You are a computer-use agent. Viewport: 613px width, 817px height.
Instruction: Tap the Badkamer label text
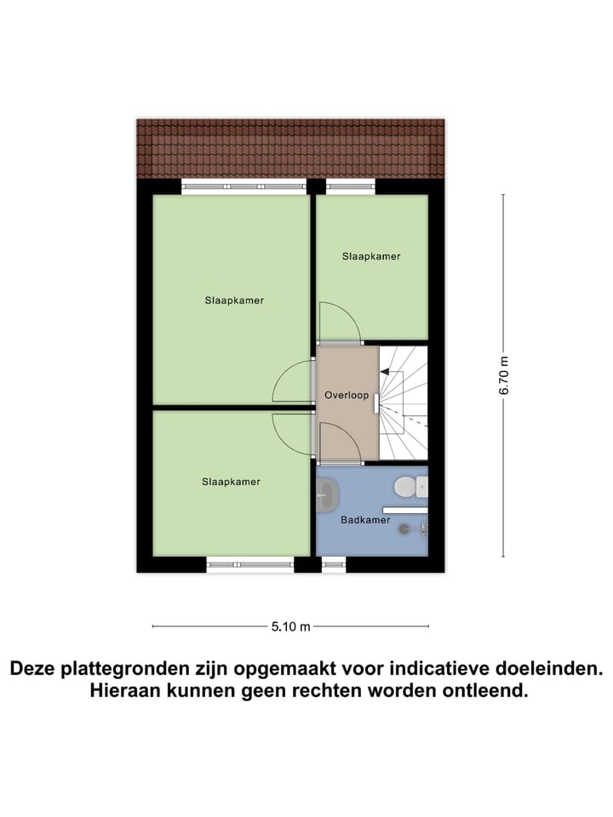pyautogui.click(x=365, y=520)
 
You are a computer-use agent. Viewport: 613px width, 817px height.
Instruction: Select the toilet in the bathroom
pyautogui.click(x=406, y=487)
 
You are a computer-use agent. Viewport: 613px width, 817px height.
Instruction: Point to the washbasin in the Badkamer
pyautogui.click(x=325, y=495)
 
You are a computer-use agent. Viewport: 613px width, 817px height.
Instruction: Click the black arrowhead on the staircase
pyautogui.click(x=384, y=371)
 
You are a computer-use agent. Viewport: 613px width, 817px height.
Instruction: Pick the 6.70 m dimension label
pyautogui.click(x=504, y=375)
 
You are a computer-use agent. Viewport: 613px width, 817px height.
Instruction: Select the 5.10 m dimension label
pyautogui.click(x=291, y=627)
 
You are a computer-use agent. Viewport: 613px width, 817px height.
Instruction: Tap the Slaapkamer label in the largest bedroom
pyautogui.click(x=234, y=300)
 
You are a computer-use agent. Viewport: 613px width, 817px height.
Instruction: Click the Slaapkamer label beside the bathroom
pyautogui.click(x=231, y=482)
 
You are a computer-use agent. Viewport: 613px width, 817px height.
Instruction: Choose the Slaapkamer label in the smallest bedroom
pyautogui.click(x=371, y=256)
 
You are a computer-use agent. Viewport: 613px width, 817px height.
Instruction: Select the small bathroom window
pyautogui.click(x=334, y=561)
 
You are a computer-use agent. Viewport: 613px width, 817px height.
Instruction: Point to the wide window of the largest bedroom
pyautogui.click(x=243, y=186)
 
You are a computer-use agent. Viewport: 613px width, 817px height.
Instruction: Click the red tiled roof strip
pyautogui.click(x=291, y=147)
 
